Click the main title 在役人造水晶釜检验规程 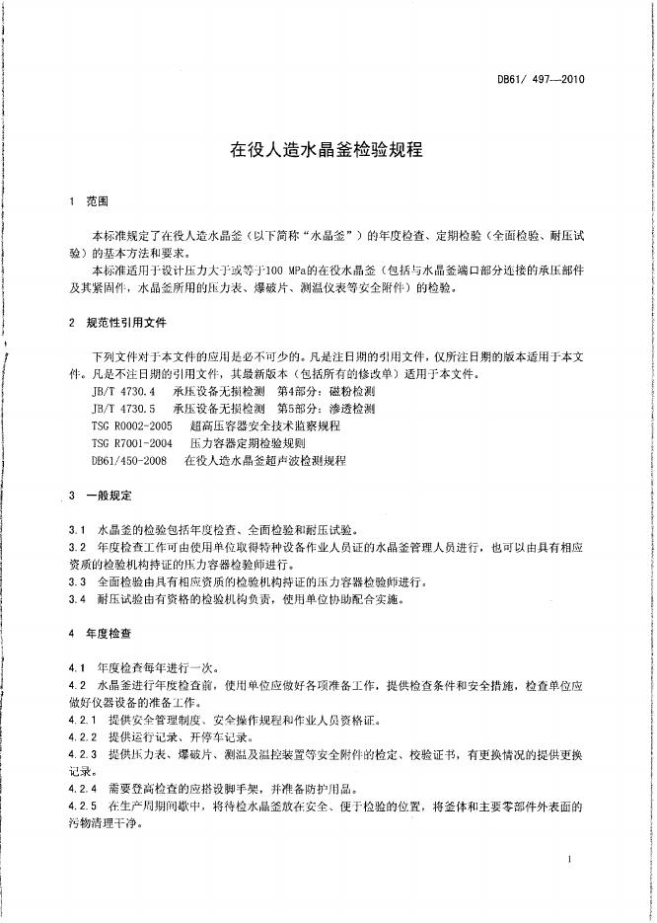pyautogui.click(x=327, y=151)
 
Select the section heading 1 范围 pyautogui.click(x=88, y=200)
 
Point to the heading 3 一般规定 pyautogui.click(x=100, y=495)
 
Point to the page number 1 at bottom pyautogui.click(x=571, y=861)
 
